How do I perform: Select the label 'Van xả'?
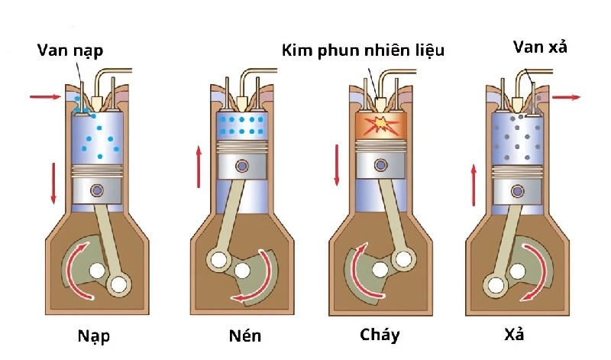click(538, 47)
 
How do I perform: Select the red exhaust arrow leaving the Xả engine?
click(566, 97)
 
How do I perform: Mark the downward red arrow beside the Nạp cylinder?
click(53, 182)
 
